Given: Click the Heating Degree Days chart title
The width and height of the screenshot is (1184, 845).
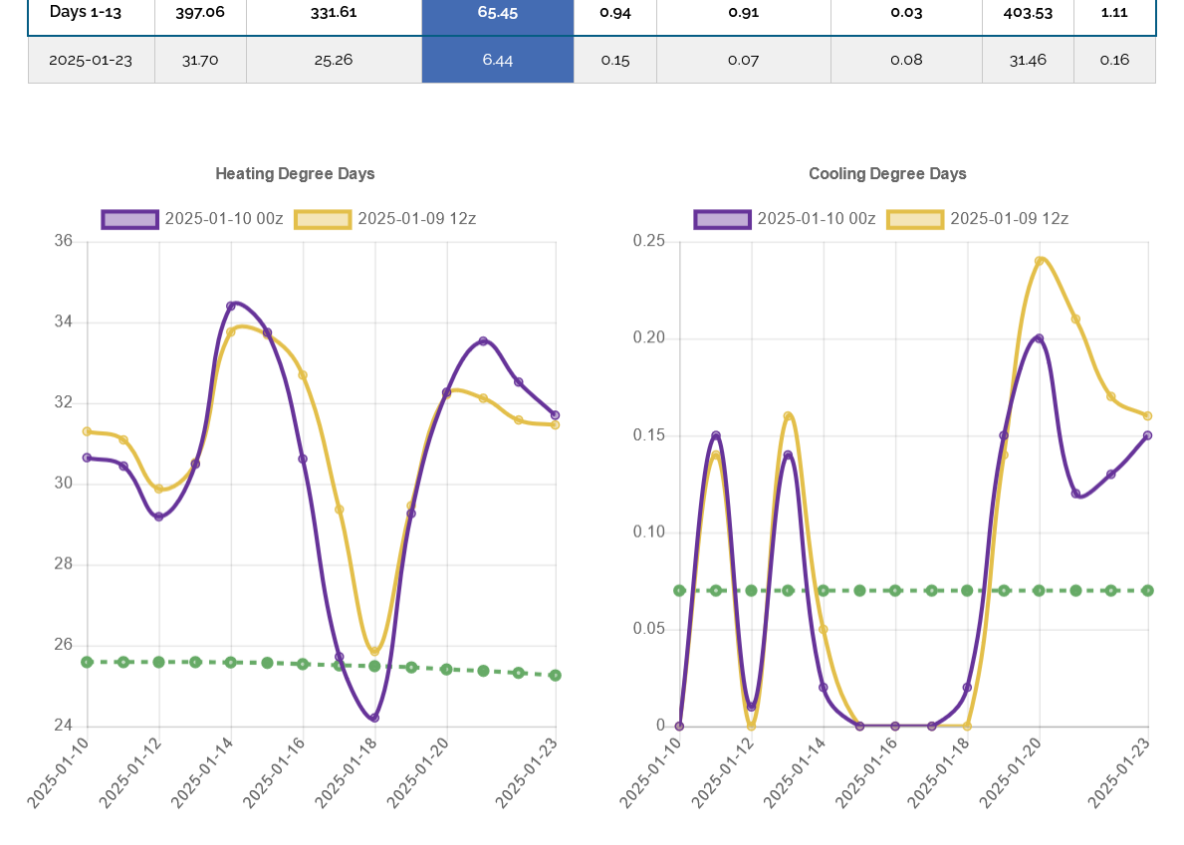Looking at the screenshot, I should (295, 174).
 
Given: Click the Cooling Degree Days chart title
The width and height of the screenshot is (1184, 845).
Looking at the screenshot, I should (887, 174).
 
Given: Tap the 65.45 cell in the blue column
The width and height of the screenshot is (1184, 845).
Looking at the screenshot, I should (497, 13).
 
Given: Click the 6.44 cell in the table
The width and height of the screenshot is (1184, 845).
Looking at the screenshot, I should (497, 60).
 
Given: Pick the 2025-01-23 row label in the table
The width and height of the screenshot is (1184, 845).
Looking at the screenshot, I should (91, 60).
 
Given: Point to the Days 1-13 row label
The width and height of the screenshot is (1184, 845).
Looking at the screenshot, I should (86, 13).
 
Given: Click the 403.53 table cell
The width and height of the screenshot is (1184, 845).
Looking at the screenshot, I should (1027, 13).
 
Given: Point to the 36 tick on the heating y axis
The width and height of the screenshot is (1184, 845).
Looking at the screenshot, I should (64, 242).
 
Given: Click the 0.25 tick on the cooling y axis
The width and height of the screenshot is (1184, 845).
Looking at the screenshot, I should (648, 242).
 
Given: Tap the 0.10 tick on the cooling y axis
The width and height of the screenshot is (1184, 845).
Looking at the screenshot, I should (648, 532).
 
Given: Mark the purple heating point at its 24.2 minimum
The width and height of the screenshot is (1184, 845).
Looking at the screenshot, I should (374, 718).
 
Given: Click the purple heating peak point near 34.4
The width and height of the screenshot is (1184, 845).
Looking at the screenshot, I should (231, 306).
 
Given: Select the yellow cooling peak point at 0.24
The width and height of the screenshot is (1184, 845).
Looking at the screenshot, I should (1040, 262).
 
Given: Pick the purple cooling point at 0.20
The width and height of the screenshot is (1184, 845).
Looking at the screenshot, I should (1040, 338).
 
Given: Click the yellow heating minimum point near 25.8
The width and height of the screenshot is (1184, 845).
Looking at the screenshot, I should (375, 652).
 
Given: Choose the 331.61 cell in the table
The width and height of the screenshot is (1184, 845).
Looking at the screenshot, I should (334, 13).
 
